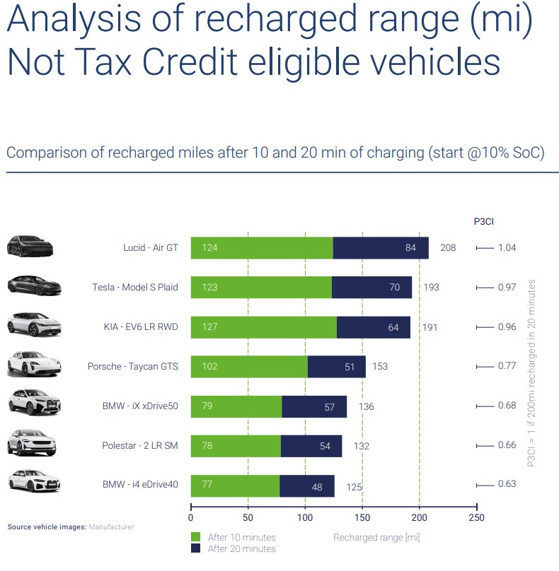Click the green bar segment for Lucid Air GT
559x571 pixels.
click(262, 248)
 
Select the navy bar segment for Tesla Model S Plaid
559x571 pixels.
click(371, 288)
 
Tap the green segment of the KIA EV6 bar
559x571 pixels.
click(263, 327)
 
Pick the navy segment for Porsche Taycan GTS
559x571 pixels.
click(337, 367)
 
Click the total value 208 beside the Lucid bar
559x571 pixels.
click(448, 248)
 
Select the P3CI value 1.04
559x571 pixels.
click(507, 248)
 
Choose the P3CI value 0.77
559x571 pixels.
click(507, 367)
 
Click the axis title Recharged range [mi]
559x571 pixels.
click(376, 538)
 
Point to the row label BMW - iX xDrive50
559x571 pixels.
click(140, 406)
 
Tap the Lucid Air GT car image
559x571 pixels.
click(30, 247)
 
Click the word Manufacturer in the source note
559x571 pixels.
click(111, 527)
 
